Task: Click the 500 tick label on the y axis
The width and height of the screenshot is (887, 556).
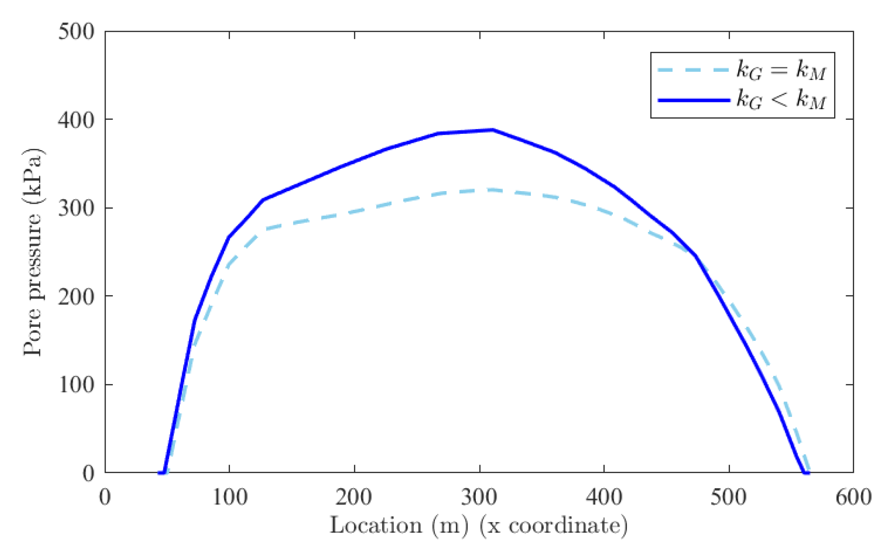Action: pos(76,32)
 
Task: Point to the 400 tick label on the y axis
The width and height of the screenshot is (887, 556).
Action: pos(76,120)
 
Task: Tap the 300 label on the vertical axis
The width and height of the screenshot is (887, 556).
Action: pos(76,208)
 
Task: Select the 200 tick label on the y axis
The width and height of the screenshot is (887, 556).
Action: pos(76,297)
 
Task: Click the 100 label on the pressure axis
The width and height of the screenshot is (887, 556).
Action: pos(76,385)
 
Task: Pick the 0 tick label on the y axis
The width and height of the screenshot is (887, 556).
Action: pos(89,473)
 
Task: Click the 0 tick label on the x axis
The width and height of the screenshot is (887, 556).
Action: pos(105,497)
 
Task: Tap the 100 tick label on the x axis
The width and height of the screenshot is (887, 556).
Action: pos(230,497)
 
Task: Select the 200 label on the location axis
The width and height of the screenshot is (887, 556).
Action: pos(354,497)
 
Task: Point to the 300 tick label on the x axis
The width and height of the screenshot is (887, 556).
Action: pos(479,497)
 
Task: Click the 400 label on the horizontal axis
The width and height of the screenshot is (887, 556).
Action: pos(604,497)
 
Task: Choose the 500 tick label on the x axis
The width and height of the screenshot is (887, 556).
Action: pos(729,497)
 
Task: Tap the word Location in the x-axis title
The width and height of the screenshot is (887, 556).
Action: pos(376,526)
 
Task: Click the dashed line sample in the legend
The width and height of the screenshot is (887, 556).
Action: pos(693,70)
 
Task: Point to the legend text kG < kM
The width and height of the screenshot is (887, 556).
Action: pos(781,99)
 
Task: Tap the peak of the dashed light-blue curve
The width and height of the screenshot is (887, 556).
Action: pos(489,190)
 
